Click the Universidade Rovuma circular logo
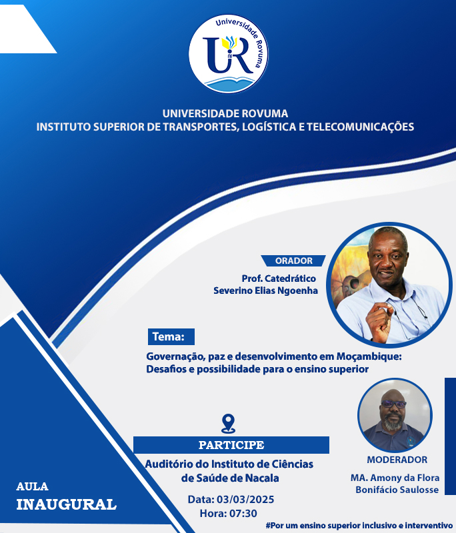pos(228,54)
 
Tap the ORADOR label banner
pos(293,261)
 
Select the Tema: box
pos(171,336)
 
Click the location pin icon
pos(228,424)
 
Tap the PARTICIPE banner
pos(231,445)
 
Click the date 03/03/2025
pos(245,499)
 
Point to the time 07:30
pos(243,513)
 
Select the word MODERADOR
pos(397,460)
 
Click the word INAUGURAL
pos(66,504)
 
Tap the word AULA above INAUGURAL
pos(32,486)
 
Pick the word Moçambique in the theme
pos(369,356)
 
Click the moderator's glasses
pos(394,404)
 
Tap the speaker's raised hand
pos(379,321)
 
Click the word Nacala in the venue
pos(262,478)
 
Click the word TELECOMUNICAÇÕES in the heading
pos(361,127)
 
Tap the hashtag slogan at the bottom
pos(359,526)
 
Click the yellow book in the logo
pos(226,43)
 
